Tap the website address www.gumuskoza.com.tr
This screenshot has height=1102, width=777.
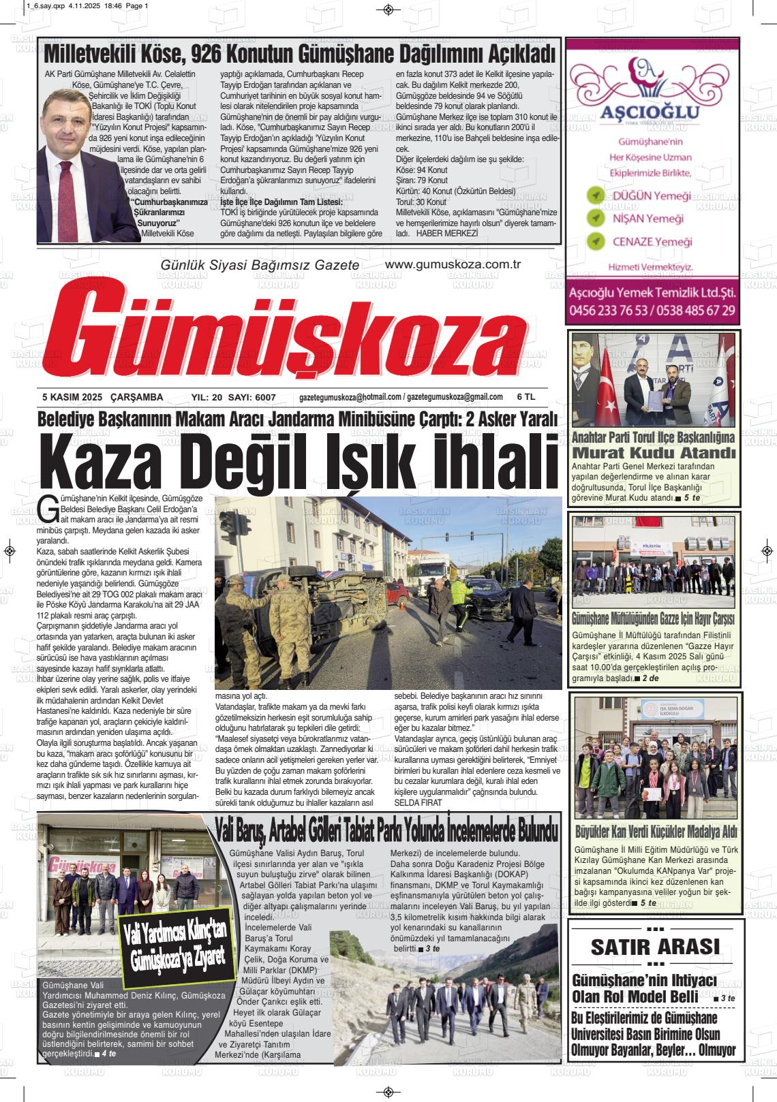[x=453, y=264]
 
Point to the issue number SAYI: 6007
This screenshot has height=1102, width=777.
[x=252, y=398]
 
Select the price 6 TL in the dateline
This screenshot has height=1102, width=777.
[x=526, y=397]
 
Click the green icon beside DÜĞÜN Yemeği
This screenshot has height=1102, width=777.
[x=596, y=196]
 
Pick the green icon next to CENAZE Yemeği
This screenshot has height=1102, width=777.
[x=596, y=241]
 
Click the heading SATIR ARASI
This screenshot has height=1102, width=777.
[x=654, y=947]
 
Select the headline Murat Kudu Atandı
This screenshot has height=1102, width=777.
[x=654, y=454]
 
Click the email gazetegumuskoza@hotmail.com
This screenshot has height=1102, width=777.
[x=350, y=397]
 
